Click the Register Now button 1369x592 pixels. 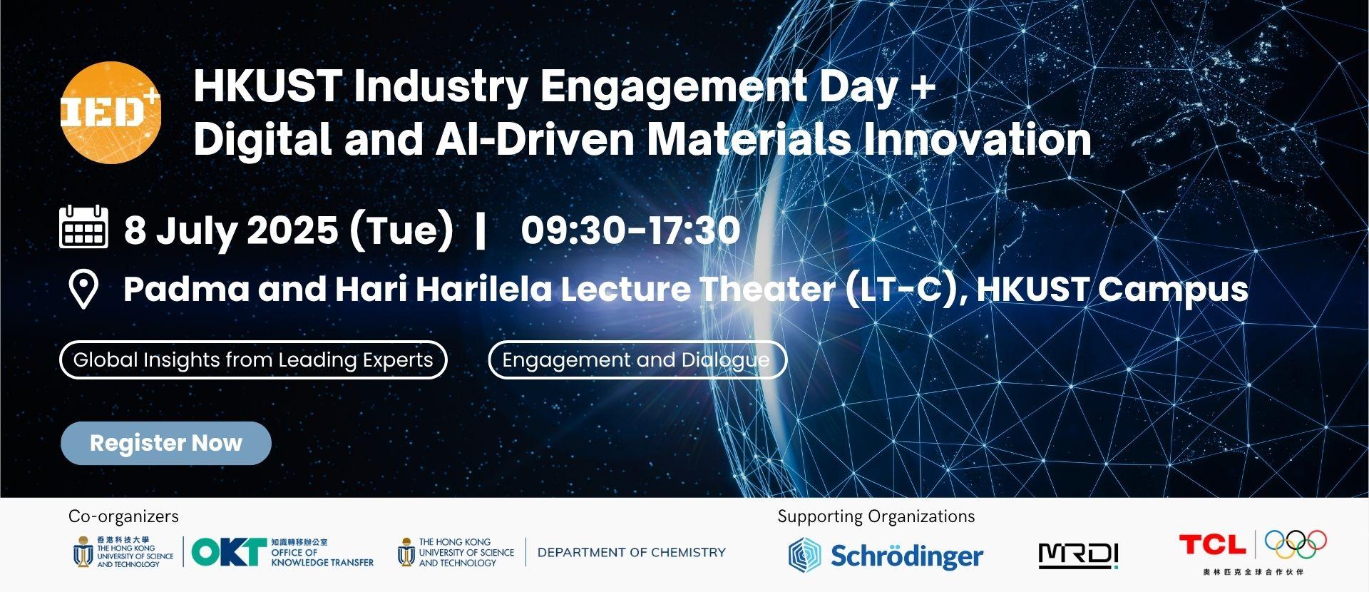(x=166, y=443)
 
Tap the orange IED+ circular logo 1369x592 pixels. (x=111, y=113)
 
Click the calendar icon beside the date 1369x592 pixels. (x=83, y=227)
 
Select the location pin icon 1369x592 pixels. (x=83, y=289)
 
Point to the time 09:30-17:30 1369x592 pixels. (x=630, y=230)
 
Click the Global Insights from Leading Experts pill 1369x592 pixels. (x=253, y=360)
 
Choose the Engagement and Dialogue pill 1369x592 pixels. (x=637, y=360)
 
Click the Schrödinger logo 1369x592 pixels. (x=886, y=555)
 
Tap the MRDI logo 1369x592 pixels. (x=1078, y=556)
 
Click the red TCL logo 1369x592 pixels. (x=1212, y=545)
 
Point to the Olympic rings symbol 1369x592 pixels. (x=1296, y=544)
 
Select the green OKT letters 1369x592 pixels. (x=228, y=551)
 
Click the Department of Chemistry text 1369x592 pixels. (x=631, y=552)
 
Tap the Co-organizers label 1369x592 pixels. (x=123, y=516)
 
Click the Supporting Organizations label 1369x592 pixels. (x=876, y=516)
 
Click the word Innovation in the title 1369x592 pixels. (x=978, y=139)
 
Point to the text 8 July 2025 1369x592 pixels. (x=231, y=230)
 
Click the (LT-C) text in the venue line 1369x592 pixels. (x=902, y=289)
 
